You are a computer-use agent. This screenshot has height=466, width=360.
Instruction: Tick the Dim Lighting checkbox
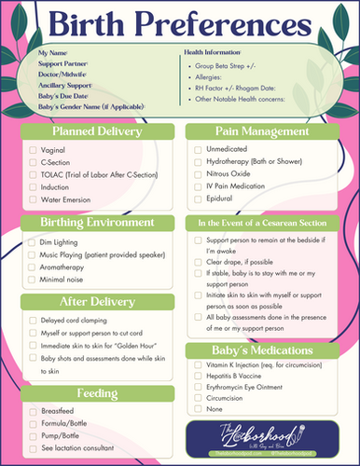coord(34,241)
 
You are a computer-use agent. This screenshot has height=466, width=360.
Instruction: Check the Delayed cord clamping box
coord(34,319)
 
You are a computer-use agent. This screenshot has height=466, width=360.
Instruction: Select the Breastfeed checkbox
coord(34,411)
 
